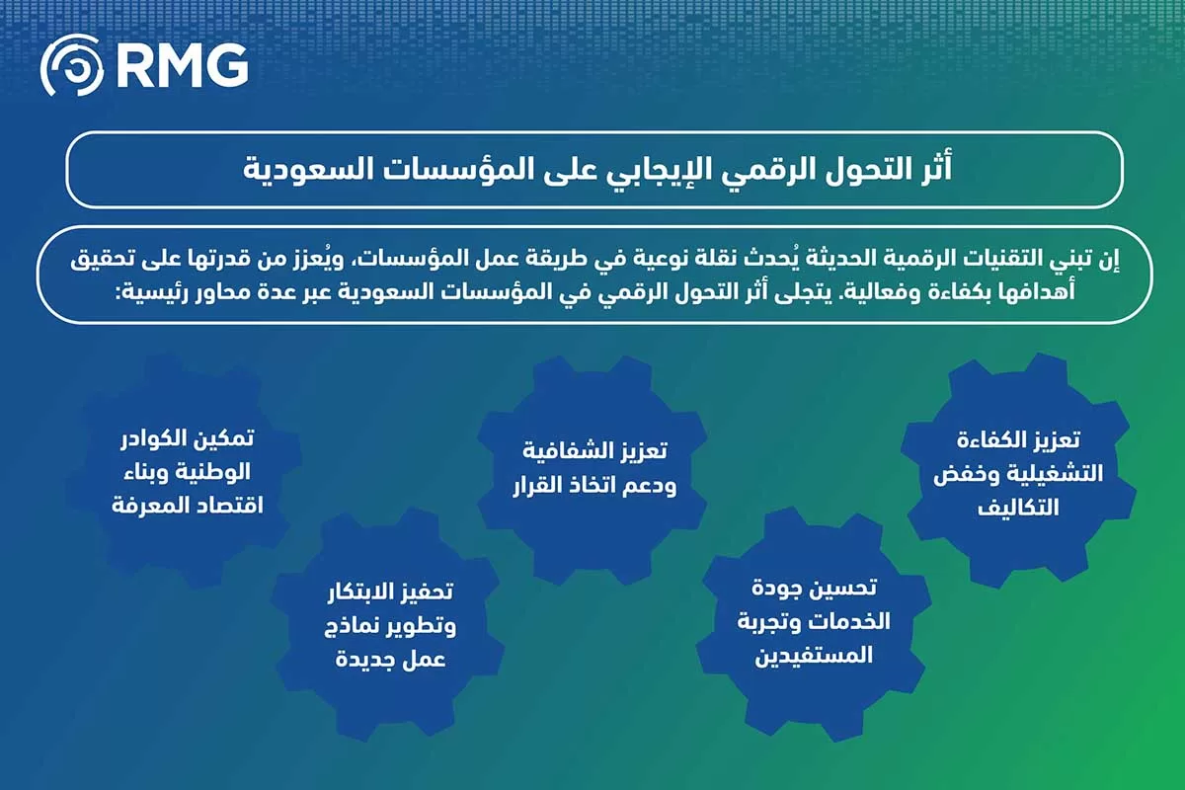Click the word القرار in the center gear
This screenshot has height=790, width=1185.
[540, 487]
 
